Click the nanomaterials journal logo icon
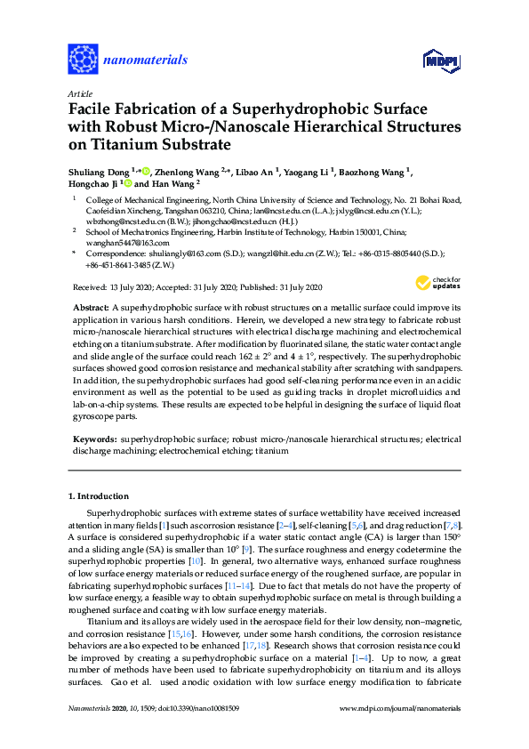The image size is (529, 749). click(83, 60)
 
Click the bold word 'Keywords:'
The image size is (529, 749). click(94, 439)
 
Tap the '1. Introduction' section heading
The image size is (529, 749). click(99, 495)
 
